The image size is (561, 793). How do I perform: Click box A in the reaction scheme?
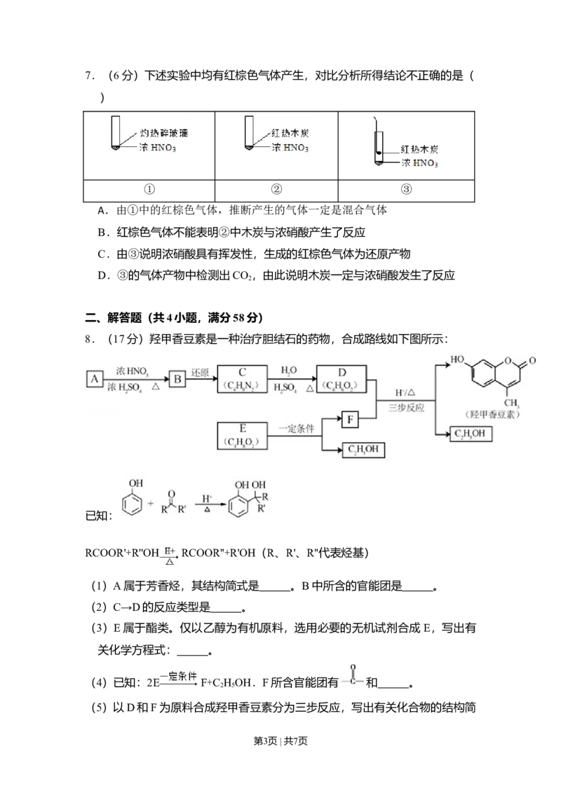click(94, 379)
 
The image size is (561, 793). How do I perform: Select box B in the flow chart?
click(177, 379)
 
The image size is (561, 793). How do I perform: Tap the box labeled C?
click(243, 378)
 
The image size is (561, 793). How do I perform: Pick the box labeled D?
click(341, 378)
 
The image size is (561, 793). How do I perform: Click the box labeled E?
click(243, 434)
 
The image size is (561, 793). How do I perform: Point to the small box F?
click(350, 420)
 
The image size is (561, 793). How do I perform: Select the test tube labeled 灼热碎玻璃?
click(114, 133)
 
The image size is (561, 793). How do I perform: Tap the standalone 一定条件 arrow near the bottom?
click(179, 677)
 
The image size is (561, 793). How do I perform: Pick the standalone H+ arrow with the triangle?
click(169, 556)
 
